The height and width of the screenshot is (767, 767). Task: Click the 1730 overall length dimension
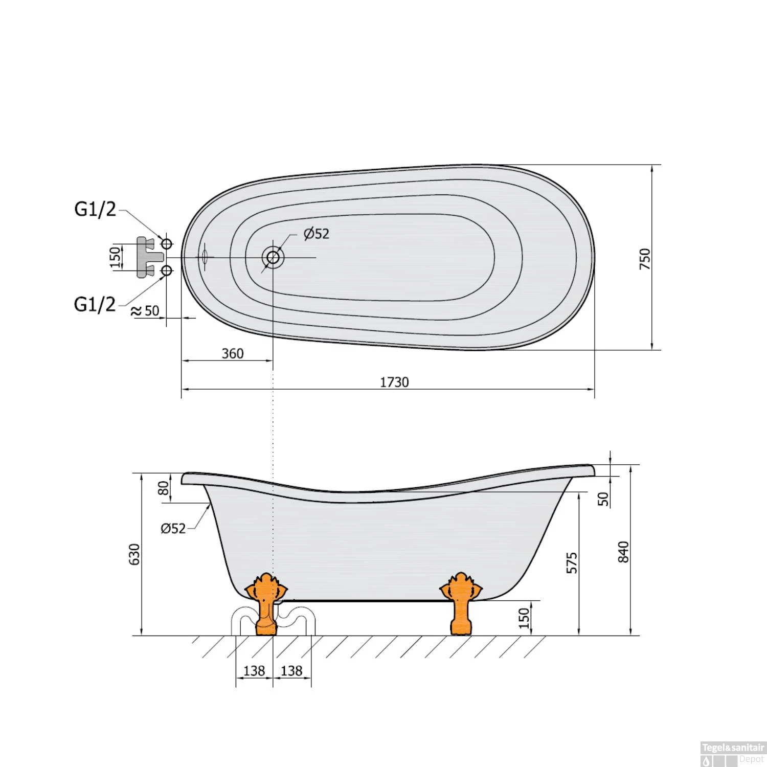(x=394, y=382)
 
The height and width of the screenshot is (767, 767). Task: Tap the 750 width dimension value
(x=645, y=259)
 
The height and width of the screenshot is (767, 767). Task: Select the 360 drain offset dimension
(x=233, y=353)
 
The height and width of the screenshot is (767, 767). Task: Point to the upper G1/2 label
(x=95, y=209)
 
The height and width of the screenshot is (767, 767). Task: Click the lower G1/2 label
(x=95, y=304)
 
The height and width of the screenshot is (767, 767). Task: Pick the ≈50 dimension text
(x=145, y=311)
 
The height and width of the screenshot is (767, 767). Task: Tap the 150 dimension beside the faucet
(x=116, y=257)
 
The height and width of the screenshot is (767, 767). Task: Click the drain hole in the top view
(x=273, y=257)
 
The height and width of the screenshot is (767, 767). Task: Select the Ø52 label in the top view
(x=316, y=234)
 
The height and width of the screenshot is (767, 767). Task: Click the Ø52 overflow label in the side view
(x=173, y=528)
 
